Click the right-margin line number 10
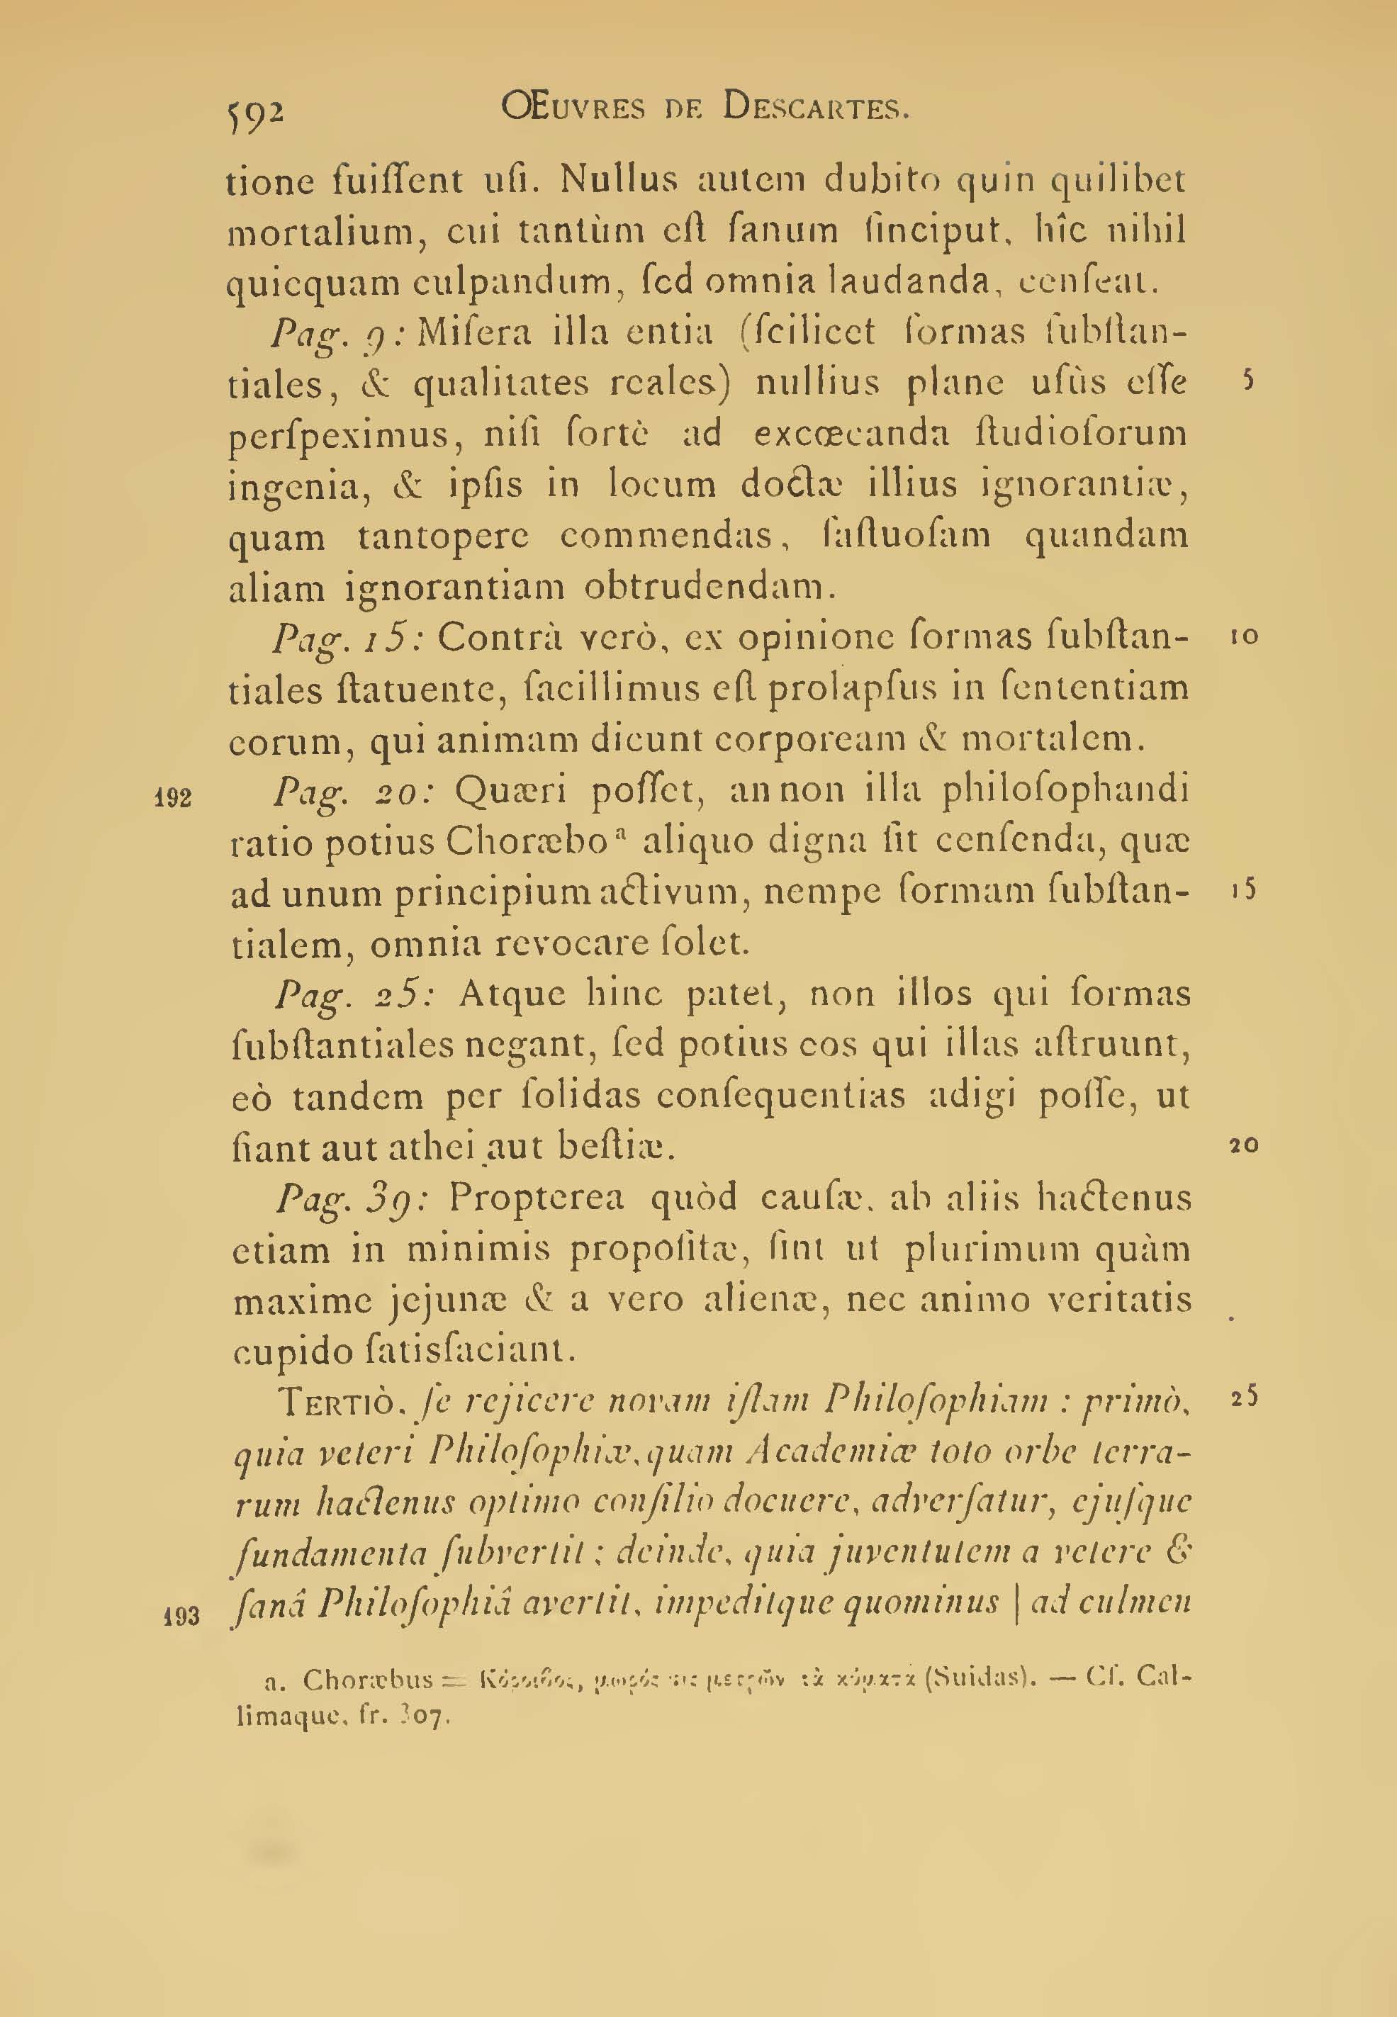tap(1243, 637)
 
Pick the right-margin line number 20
tap(1243, 1145)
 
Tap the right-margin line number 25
tap(1243, 1398)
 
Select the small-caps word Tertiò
tap(336, 1403)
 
